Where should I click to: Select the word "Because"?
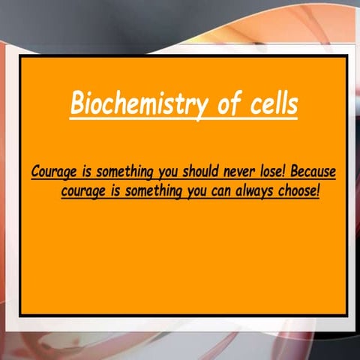pyautogui.click(x=310, y=172)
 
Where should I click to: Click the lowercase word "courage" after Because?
pyautogui.click(x=83, y=191)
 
